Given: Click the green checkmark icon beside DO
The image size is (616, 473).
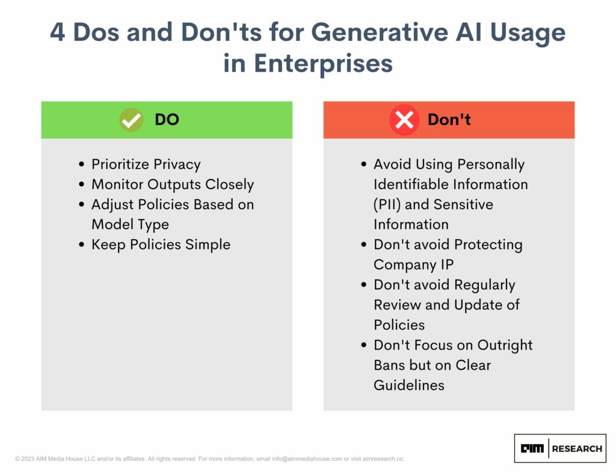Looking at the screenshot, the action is pos(131,120).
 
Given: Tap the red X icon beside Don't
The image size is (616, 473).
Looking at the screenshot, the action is pos(404,120).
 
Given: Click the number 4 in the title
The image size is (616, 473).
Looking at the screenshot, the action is pos(57,32).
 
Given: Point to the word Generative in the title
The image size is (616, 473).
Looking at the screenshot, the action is pos(380,32).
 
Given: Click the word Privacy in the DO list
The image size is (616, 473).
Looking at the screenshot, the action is pos(177,165).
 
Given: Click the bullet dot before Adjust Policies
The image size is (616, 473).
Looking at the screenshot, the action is pos(81,204).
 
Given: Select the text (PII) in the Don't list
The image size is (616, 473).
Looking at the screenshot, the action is pos(387,204).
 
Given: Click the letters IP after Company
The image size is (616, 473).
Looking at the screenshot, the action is pos(447,264).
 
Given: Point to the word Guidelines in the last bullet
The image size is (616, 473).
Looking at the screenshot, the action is pos(409,385).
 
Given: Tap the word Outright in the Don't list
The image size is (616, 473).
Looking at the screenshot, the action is pos(505,345).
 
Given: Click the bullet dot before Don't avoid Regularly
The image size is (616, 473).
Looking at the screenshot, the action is pos(364,285).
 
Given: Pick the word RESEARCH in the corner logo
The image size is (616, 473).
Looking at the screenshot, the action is pos(577,449).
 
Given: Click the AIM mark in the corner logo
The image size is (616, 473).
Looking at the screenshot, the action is pos(532,448).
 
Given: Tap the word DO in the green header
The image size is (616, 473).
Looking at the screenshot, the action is pos(167,120).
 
